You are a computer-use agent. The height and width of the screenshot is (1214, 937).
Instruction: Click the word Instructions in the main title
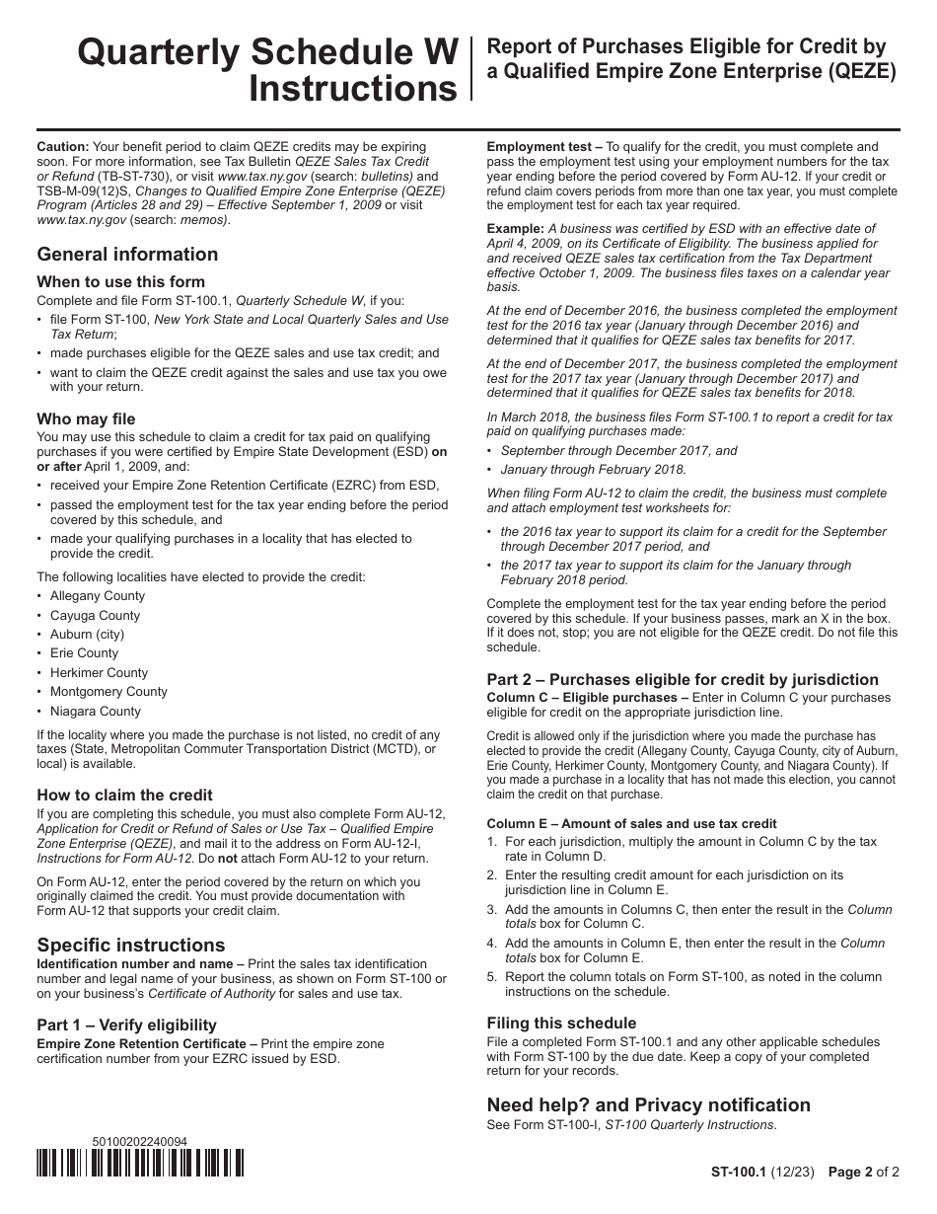click(353, 89)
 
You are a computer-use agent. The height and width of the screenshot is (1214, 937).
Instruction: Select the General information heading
click(127, 254)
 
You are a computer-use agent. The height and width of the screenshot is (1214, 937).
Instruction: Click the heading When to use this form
click(120, 281)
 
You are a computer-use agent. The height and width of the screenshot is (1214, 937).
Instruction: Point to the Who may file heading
click(86, 418)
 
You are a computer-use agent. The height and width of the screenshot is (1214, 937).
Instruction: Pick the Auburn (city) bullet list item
click(87, 634)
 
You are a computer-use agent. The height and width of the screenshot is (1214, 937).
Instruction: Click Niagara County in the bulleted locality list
click(96, 711)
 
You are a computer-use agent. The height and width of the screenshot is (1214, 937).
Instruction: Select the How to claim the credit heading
click(124, 795)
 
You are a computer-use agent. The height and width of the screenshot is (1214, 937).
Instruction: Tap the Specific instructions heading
click(130, 945)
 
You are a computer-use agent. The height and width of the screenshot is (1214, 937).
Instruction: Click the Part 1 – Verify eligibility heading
click(126, 1024)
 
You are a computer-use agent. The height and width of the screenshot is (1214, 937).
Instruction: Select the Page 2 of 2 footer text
click(863, 1173)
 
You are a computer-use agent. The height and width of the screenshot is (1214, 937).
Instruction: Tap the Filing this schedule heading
click(561, 1023)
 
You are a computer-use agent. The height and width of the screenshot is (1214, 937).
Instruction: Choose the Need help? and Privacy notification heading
click(648, 1104)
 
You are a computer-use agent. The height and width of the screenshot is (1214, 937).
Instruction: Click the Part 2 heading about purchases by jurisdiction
click(683, 679)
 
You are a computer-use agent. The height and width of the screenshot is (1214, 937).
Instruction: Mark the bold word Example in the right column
click(515, 228)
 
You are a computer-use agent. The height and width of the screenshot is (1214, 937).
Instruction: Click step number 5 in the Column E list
click(492, 977)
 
